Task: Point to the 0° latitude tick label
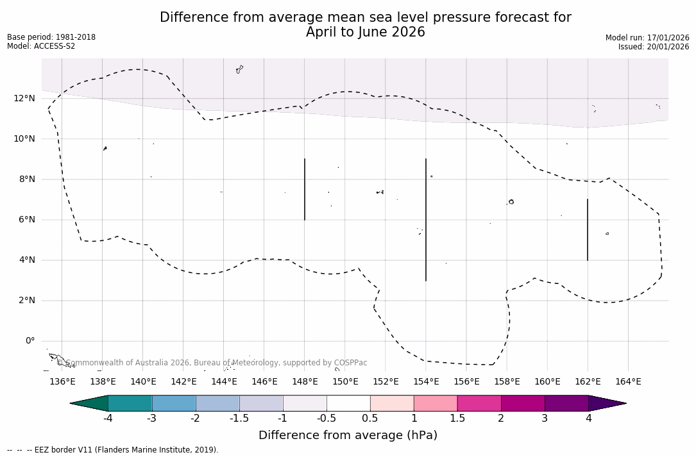[30, 341]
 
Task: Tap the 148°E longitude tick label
[305, 381]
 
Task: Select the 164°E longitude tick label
[628, 381]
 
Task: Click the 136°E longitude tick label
[62, 381]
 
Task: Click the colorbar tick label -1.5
[239, 419]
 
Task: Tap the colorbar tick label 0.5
[370, 419]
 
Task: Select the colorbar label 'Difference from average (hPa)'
[348, 435]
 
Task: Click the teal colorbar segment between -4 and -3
[130, 403]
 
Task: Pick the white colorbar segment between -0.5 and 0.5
[348, 403]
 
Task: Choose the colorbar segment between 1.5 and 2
[479, 403]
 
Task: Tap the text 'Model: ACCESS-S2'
[41, 46]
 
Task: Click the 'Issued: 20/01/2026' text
[654, 47]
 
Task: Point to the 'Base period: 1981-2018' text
[51, 37]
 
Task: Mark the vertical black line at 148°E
[305, 189]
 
